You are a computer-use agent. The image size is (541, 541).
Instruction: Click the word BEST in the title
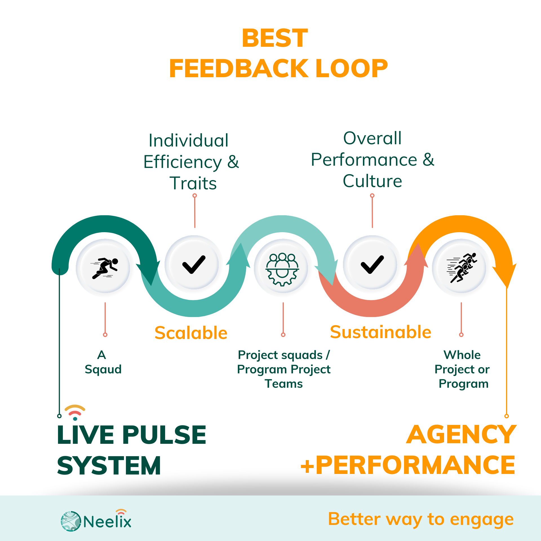click(275, 38)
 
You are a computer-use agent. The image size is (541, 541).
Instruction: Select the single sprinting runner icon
click(105, 268)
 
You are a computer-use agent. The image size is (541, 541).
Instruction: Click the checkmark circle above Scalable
click(194, 265)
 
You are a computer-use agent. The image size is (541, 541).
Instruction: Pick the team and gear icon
click(283, 268)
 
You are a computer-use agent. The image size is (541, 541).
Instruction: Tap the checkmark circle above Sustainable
click(372, 265)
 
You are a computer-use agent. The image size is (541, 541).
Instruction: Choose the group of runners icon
click(461, 268)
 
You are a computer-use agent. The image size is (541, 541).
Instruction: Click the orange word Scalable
click(191, 333)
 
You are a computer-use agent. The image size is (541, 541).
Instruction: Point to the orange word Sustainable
click(380, 332)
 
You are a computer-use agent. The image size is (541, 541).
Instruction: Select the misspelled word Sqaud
click(103, 369)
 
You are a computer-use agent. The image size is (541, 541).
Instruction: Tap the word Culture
click(372, 181)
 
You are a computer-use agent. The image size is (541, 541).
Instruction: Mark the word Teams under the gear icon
click(283, 384)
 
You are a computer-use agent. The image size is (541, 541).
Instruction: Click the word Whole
click(462, 355)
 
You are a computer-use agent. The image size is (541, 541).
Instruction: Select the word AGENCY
click(461, 434)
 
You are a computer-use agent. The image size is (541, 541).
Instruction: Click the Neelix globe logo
click(71, 521)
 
